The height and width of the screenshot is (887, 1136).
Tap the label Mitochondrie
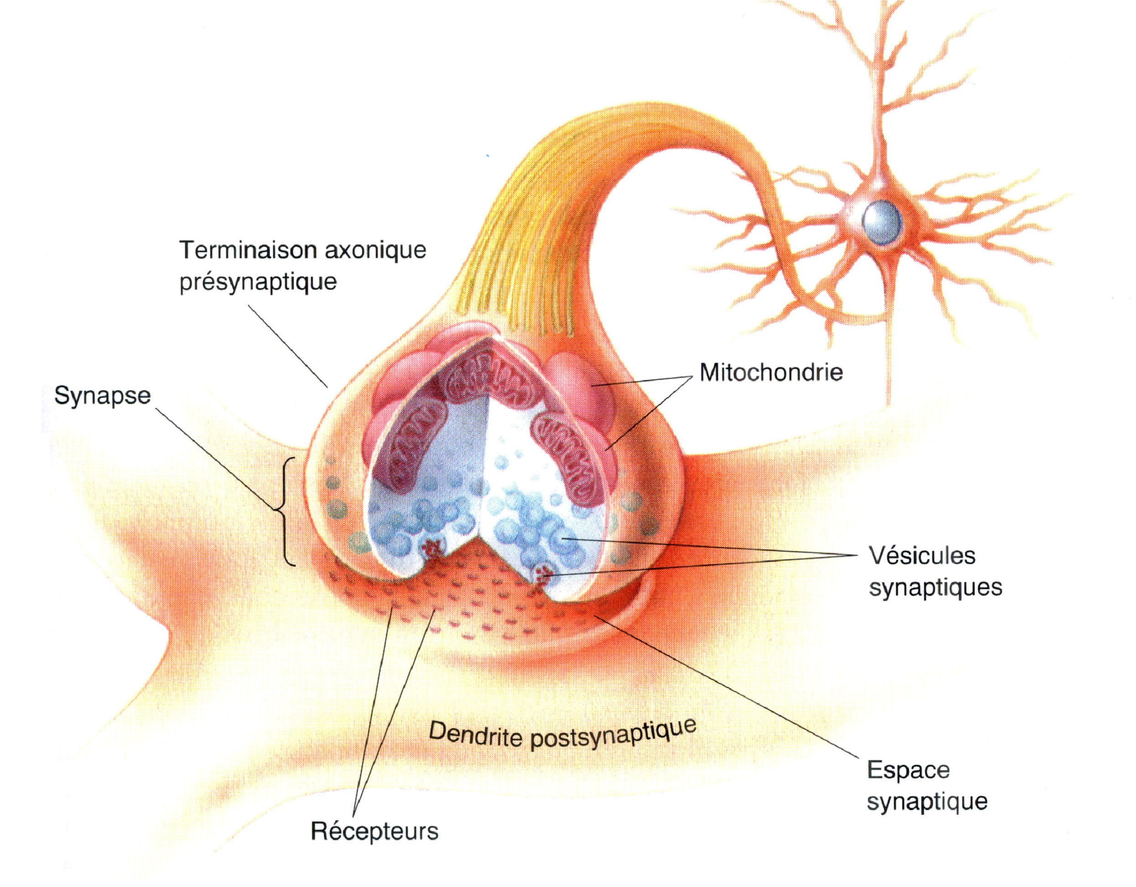click(x=771, y=373)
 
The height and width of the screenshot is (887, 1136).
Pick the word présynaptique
click(x=258, y=283)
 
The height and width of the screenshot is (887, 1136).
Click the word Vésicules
click(x=921, y=556)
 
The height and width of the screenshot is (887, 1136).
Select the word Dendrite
click(x=474, y=735)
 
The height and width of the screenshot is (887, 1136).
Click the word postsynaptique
click(x=613, y=735)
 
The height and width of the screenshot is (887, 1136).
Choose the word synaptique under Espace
click(x=927, y=802)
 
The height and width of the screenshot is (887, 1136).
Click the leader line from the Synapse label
click(x=213, y=458)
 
